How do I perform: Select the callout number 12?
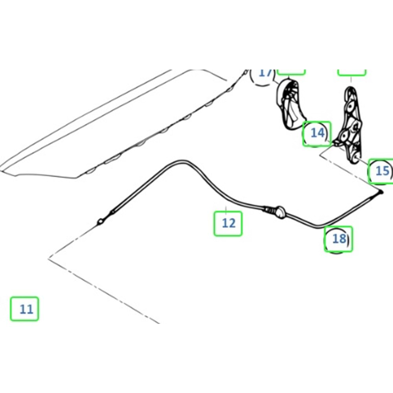tap(228, 223)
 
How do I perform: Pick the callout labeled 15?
tap(382, 171)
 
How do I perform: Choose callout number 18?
tap(338, 239)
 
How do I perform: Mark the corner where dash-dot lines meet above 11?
tap(49, 258)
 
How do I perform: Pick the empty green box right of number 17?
tap(291, 72)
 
